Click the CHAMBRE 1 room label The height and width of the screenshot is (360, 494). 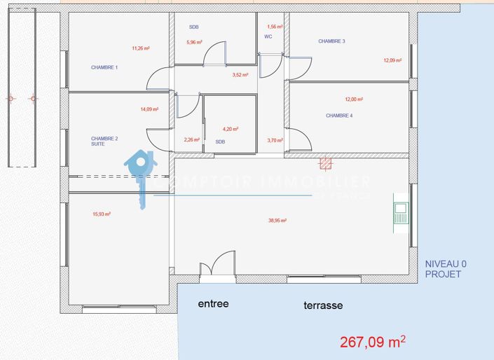tap(104, 68)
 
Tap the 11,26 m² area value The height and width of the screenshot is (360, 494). tap(141, 48)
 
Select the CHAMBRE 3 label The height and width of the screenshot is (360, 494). tap(331, 41)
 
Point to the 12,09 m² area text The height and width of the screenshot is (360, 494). tap(392, 60)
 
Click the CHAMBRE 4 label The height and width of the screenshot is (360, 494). tap(339, 116)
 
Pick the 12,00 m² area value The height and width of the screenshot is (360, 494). tap(354, 99)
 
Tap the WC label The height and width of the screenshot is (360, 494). tap(268, 36)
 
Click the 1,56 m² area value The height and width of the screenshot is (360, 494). tap(275, 27)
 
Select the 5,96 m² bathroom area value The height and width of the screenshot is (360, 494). tap(194, 42)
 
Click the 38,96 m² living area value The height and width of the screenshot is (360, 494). tap(278, 220)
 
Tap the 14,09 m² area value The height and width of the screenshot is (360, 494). tap(149, 109)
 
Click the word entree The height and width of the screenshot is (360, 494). tap(213, 304)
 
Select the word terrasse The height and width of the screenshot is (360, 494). tap(323, 306)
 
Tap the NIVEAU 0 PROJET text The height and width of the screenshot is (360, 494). tap(446, 269)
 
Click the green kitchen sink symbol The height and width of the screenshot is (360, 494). tap(401, 209)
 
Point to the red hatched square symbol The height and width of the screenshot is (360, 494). tap(325, 163)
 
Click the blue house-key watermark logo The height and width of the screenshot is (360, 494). tap(140, 176)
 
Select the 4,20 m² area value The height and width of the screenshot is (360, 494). tap(231, 129)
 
